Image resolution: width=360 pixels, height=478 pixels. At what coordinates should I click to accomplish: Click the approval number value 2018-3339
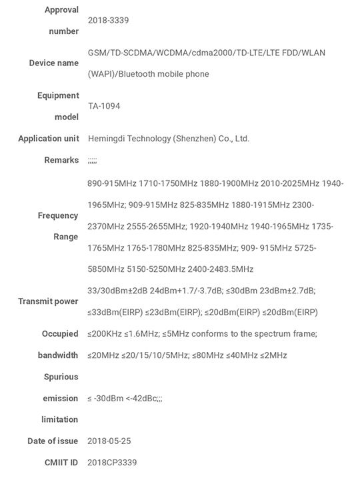click(108, 21)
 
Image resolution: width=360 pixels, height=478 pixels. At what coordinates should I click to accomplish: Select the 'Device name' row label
click(53, 63)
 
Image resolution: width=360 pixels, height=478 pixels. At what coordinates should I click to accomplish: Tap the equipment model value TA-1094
click(104, 106)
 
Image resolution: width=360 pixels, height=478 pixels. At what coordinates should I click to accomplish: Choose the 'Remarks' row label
click(61, 160)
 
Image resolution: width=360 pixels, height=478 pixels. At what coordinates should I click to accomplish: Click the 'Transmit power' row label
click(48, 301)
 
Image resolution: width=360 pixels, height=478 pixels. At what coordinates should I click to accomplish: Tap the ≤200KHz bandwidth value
click(107, 333)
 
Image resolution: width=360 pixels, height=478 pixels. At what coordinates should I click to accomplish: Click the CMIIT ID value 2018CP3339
click(113, 463)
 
